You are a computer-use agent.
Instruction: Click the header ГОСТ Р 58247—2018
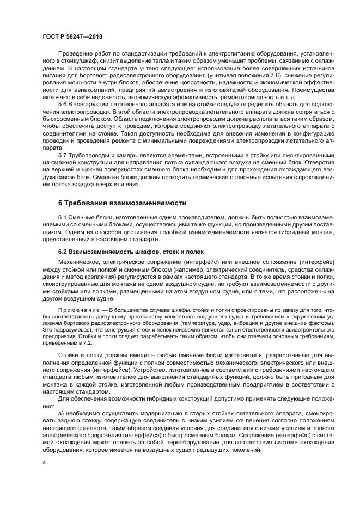tap(72, 36)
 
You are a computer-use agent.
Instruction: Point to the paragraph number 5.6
tap(64, 103)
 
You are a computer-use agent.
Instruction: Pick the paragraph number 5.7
tap(64, 155)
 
